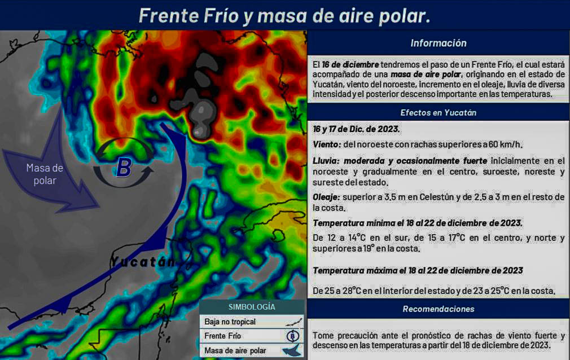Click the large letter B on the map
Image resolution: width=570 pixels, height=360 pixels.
[x=124, y=168]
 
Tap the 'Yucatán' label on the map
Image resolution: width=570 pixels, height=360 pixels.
[x=143, y=261]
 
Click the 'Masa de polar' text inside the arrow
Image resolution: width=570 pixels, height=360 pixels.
[x=45, y=174]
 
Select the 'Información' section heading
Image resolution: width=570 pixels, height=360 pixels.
[x=439, y=43]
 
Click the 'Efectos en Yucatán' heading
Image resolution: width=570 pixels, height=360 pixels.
[x=439, y=113]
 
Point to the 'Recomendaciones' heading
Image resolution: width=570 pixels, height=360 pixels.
[x=439, y=309]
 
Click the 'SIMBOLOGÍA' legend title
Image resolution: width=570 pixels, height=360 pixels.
[x=252, y=307]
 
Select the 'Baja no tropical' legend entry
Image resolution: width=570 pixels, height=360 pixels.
[x=230, y=322]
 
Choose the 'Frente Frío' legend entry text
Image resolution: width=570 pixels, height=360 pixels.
[x=222, y=336]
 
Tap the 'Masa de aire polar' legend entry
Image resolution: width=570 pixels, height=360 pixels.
[x=235, y=350]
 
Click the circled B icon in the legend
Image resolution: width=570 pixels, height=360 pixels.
[x=293, y=336]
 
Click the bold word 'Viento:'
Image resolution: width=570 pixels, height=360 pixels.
[x=327, y=144]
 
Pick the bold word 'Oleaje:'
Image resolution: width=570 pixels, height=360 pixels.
[x=326, y=197]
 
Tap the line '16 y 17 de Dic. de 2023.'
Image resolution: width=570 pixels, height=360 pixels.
[x=356, y=129]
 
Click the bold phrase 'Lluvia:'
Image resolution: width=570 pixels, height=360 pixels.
[x=326, y=161]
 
